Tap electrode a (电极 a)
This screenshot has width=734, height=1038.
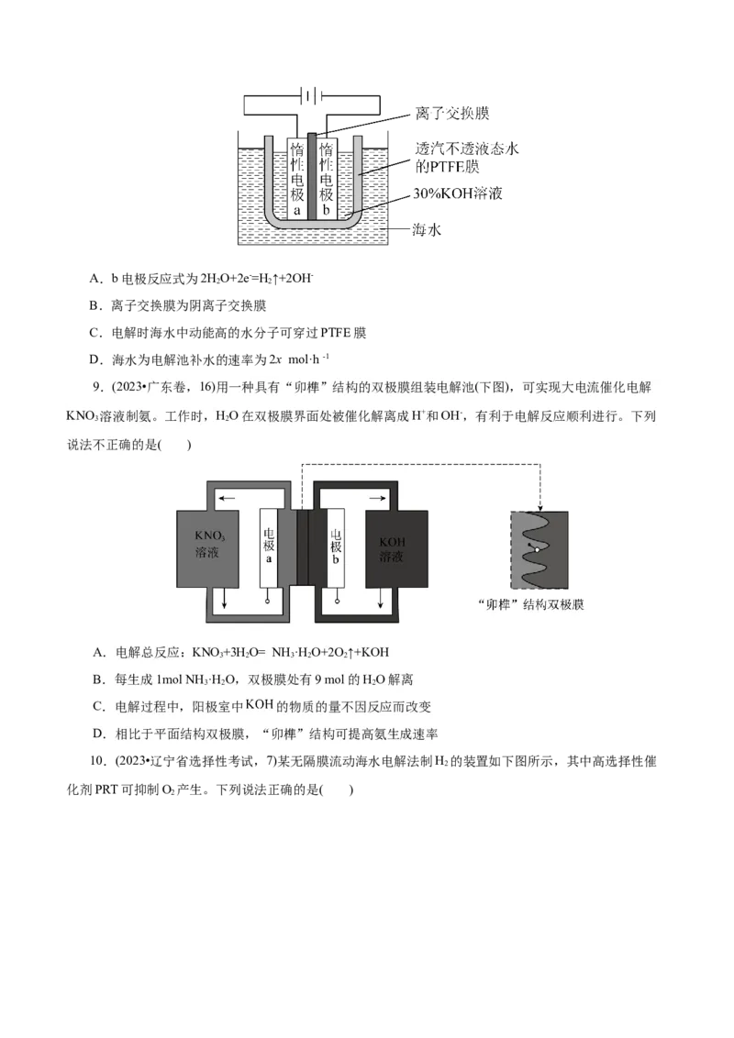click(269, 548)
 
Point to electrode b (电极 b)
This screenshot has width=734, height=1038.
click(336, 548)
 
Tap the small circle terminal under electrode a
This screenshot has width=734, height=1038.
click(269, 602)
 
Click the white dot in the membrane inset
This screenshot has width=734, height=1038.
click(538, 549)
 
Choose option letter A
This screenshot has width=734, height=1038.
click(98, 652)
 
